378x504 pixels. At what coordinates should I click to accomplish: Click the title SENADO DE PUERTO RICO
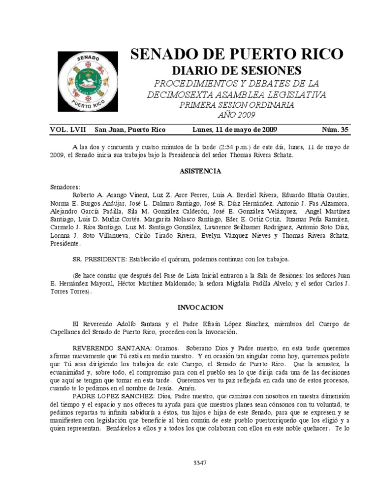[x=237, y=54]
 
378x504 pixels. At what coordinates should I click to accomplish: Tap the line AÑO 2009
[x=237, y=115]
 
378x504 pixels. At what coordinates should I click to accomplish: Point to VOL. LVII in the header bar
[x=68, y=129]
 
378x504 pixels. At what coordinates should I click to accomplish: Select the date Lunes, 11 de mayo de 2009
[x=235, y=129]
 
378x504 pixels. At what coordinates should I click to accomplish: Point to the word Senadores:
[x=64, y=188]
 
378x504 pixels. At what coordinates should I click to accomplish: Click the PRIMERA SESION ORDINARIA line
[x=237, y=105]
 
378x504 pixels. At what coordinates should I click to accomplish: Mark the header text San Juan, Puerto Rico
[x=130, y=129]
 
